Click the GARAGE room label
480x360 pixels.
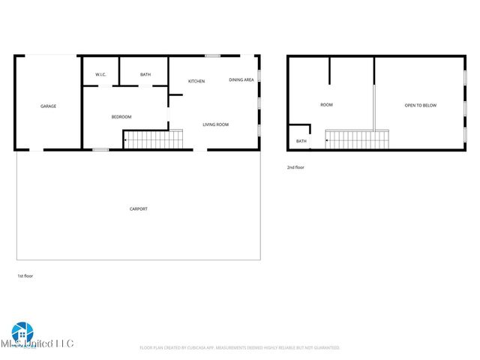(x=48, y=106)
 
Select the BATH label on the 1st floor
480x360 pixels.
(x=145, y=75)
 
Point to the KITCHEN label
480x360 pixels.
(x=196, y=81)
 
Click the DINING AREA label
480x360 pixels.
(x=241, y=79)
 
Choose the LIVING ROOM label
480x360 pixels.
(x=216, y=124)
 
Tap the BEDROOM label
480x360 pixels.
(x=121, y=117)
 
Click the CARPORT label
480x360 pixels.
(x=139, y=208)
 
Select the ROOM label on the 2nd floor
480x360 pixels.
(x=326, y=105)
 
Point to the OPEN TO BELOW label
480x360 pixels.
(x=421, y=106)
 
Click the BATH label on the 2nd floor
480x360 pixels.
(x=301, y=141)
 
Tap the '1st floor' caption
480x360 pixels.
(x=25, y=276)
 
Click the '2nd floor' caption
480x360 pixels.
(x=295, y=167)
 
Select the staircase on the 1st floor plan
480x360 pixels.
(x=154, y=139)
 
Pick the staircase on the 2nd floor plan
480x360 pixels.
(x=357, y=139)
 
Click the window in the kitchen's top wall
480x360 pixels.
(x=213, y=55)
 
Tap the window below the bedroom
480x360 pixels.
(x=100, y=150)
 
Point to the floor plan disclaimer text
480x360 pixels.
(x=240, y=348)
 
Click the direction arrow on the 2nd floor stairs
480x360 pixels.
(x=326, y=140)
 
